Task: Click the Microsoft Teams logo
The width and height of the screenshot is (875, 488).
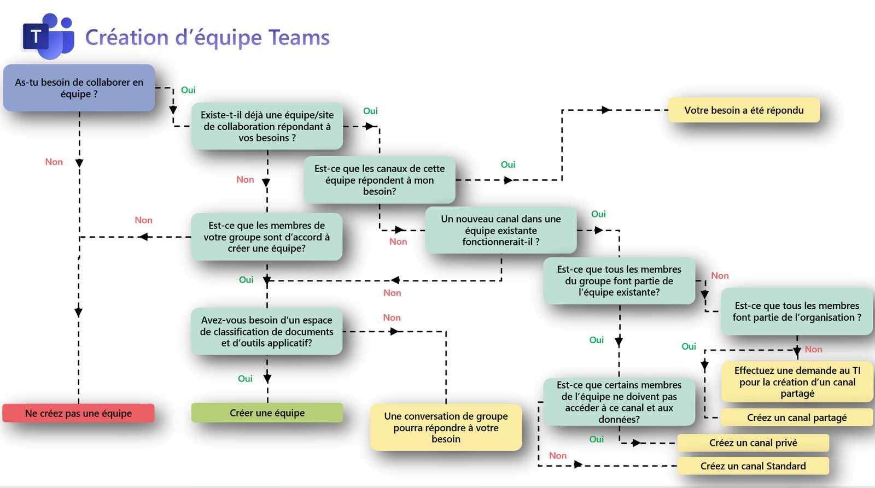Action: (x=48, y=36)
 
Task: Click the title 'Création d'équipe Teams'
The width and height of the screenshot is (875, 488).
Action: (x=207, y=37)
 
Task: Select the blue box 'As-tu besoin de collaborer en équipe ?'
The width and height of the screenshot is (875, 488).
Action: (x=79, y=88)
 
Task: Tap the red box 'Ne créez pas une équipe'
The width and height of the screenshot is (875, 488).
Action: (x=78, y=413)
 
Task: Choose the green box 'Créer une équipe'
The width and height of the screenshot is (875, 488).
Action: (x=267, y=413)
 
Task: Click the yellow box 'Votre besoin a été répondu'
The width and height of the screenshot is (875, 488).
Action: (x=744, y=110)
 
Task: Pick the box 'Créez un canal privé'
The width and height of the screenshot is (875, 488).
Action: (x=753, y=443)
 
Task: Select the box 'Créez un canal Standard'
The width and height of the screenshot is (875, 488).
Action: (x=753, y=466)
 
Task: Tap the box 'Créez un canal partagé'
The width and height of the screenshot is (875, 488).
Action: (x=797, y=418)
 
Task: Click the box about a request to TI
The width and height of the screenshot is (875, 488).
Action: (x=797, y=381)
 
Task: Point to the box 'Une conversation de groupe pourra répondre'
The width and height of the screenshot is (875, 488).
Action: (x=446, y=427)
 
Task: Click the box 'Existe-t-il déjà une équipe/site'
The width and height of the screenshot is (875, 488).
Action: (x=267, y=126)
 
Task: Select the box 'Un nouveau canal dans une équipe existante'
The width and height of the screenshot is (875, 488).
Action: (x=501, y=230)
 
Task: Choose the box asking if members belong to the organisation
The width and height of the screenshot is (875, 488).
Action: (x=797, y=311)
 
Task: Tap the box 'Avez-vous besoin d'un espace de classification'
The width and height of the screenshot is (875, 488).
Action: (x=267, y=331)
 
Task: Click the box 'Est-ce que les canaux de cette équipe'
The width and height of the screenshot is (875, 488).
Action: (x=380, y=180)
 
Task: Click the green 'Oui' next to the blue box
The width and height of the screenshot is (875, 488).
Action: (x=188, y=90)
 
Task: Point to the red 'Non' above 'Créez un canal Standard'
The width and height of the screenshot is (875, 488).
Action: (x=558, y=456)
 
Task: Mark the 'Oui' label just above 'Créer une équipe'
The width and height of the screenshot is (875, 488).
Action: (x=245, y=379)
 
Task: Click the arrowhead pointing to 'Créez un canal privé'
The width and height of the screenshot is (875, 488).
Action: (x=636, y=443)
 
